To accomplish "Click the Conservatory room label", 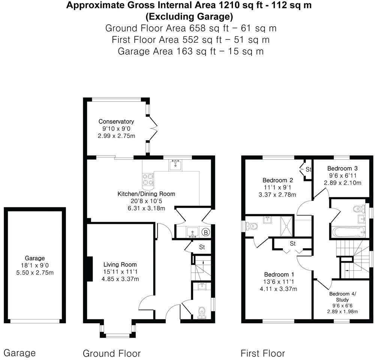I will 116,121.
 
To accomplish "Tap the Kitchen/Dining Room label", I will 146,194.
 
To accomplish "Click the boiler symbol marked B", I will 206,232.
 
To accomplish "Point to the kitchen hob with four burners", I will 148,179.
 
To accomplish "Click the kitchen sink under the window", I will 175,164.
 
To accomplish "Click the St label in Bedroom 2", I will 308,169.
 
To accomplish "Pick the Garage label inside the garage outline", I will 35,258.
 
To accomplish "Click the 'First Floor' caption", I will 262,353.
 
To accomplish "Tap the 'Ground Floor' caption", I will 111,353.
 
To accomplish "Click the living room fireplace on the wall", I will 90,268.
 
